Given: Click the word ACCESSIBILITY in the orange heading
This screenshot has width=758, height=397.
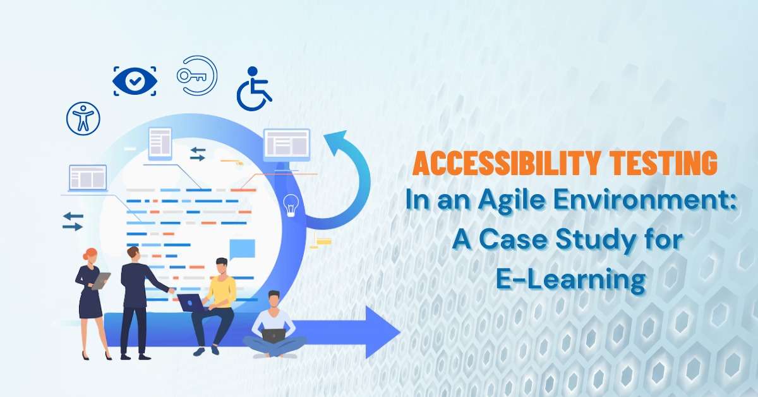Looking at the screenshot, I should (x=499, y=164).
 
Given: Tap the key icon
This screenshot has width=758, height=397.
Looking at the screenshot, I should (x=196, y=76).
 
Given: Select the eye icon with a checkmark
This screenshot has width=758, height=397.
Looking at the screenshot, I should (x=135, y=80).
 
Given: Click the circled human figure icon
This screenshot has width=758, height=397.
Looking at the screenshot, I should (x=83, y=118).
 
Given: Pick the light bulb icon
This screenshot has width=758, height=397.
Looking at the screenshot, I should (x=291, y=205).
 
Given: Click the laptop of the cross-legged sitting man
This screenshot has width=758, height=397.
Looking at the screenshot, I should (x=274, y=335).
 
